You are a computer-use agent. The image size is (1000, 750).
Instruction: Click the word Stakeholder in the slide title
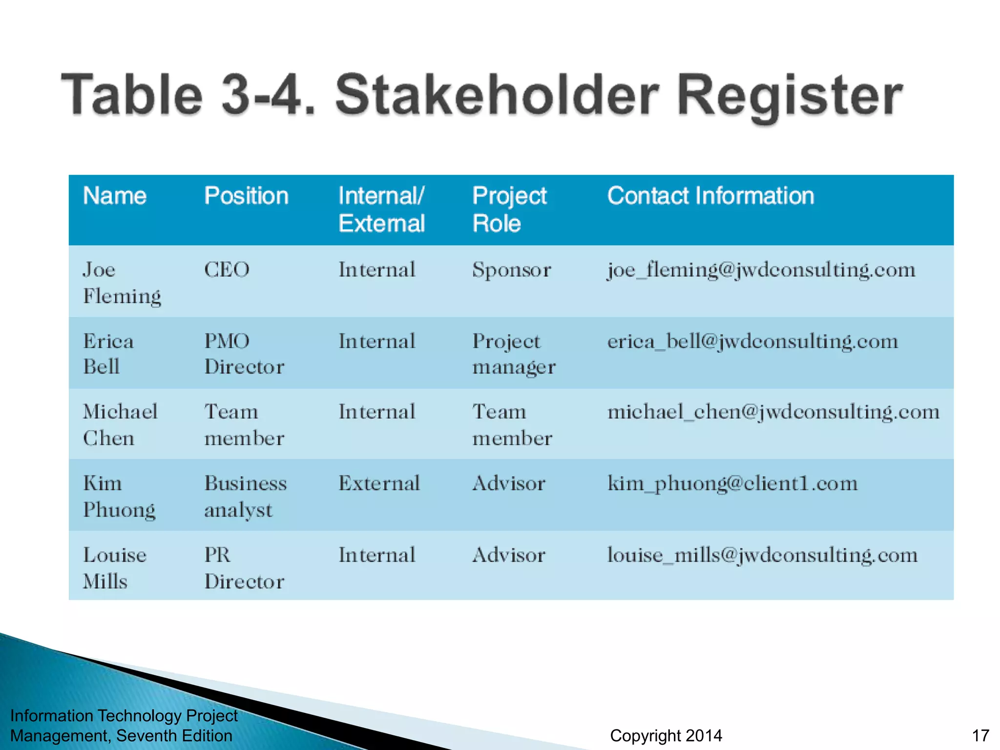pos(497,95)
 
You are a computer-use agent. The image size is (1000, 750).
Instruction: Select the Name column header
pos(115,196)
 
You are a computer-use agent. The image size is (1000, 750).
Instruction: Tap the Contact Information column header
pos(710,196)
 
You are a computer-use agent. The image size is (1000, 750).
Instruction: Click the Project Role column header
pos(509,209)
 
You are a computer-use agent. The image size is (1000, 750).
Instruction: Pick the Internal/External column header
pos(381,209)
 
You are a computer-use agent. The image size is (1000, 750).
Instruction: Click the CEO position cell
pos(227,270)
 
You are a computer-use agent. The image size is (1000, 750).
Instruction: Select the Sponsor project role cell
pos(511,270)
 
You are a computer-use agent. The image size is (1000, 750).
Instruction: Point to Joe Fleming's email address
pos(761,270)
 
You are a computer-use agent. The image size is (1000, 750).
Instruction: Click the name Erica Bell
pos(108,354)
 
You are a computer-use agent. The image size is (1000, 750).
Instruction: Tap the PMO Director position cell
pos(244,354)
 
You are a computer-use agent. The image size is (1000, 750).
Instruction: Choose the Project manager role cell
pos(514,354)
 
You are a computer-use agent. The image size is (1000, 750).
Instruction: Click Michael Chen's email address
pos(773,412)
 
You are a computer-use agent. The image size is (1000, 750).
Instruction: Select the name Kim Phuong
pos(119,496)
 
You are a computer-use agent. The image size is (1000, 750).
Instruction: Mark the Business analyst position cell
pos(245,496)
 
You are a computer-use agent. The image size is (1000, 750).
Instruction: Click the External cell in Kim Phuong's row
pos(379,483)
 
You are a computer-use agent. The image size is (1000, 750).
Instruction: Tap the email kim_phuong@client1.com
pos(732,483)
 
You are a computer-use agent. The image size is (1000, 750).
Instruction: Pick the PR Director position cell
pos(244,568)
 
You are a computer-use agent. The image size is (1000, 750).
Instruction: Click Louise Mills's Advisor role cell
pos(508,555)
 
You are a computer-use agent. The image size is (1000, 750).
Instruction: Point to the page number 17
pos(980,735)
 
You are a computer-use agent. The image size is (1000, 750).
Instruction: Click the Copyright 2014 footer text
pos(666,735)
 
